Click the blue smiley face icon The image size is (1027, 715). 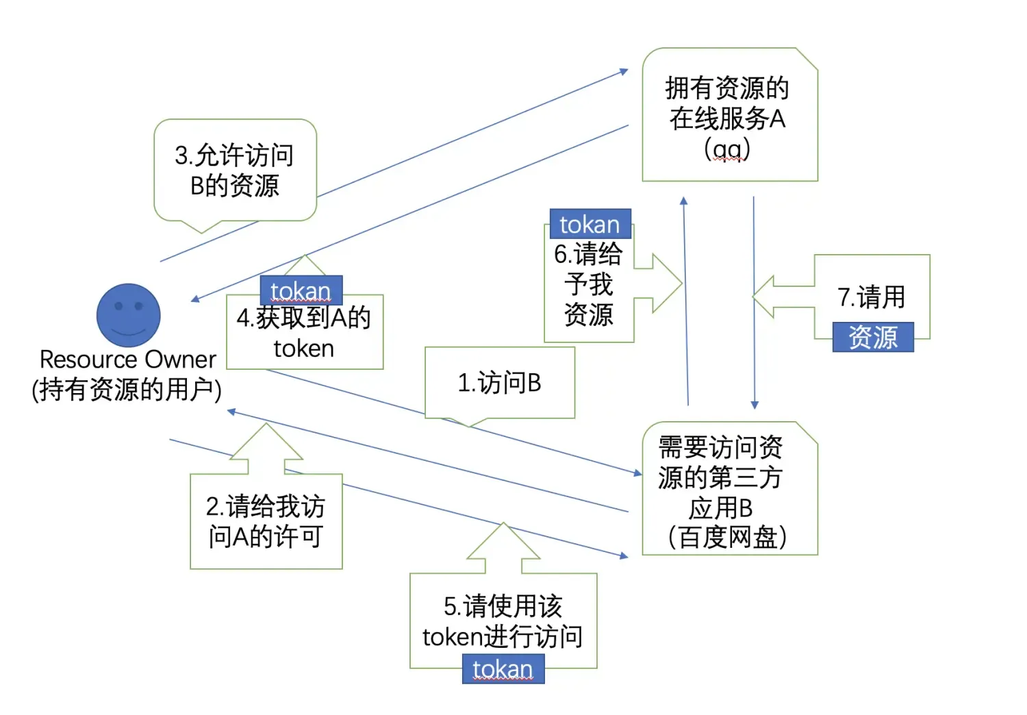click(128, 315)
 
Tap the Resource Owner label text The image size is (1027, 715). click(127, 360)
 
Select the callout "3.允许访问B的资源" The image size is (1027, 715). click(235, 171)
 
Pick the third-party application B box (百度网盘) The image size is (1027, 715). click(729, 489)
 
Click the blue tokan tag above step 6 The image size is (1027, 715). click(589, 224)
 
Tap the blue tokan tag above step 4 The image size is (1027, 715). click(301, 291)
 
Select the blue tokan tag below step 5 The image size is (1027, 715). click(503, 669)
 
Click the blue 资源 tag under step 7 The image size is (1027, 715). click(873, 337)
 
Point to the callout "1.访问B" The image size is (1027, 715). click(499, 383)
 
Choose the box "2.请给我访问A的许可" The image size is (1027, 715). click(266, 521)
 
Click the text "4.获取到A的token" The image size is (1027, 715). click(303, 333)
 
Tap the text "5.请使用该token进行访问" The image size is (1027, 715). click(503, 621)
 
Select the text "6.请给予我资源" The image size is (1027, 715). click(588, 284)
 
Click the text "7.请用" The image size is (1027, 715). click(871, 297)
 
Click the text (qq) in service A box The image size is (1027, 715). click(727, 149)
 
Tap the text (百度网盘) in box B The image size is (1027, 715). click(727, 537)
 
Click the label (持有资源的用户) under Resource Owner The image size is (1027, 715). click(127, 390)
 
